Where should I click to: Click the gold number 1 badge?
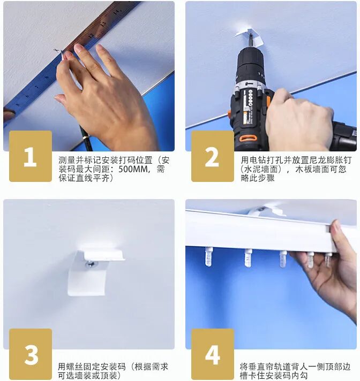(31, 156)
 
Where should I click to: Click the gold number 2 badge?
(212, 156)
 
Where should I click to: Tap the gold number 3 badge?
(31, 354)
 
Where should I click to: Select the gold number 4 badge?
(213, 354)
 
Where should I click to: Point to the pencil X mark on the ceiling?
(56, 50)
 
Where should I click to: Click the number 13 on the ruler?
(103, 24)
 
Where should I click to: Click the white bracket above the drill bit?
(249, 36)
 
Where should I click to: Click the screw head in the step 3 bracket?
(91, 264)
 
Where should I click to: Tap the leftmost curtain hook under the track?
(209, 256)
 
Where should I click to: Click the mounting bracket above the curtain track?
(266, 211)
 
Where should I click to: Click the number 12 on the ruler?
(91, 35)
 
